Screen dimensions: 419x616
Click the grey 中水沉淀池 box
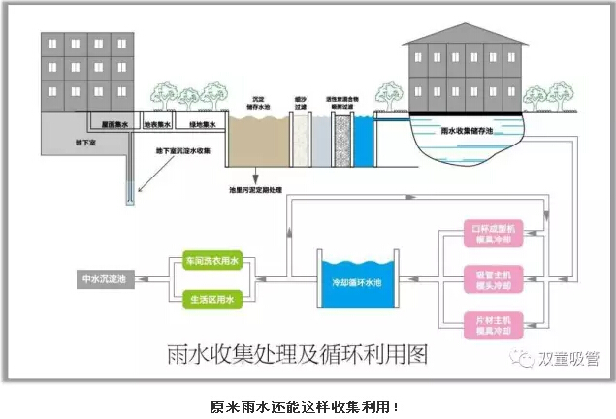(x=108, y=279)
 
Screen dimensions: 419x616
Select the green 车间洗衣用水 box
(x=211, y=262)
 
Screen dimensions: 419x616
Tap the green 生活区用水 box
(x=211, y=299)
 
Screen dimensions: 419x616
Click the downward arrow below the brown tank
(x=256, y=178)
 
